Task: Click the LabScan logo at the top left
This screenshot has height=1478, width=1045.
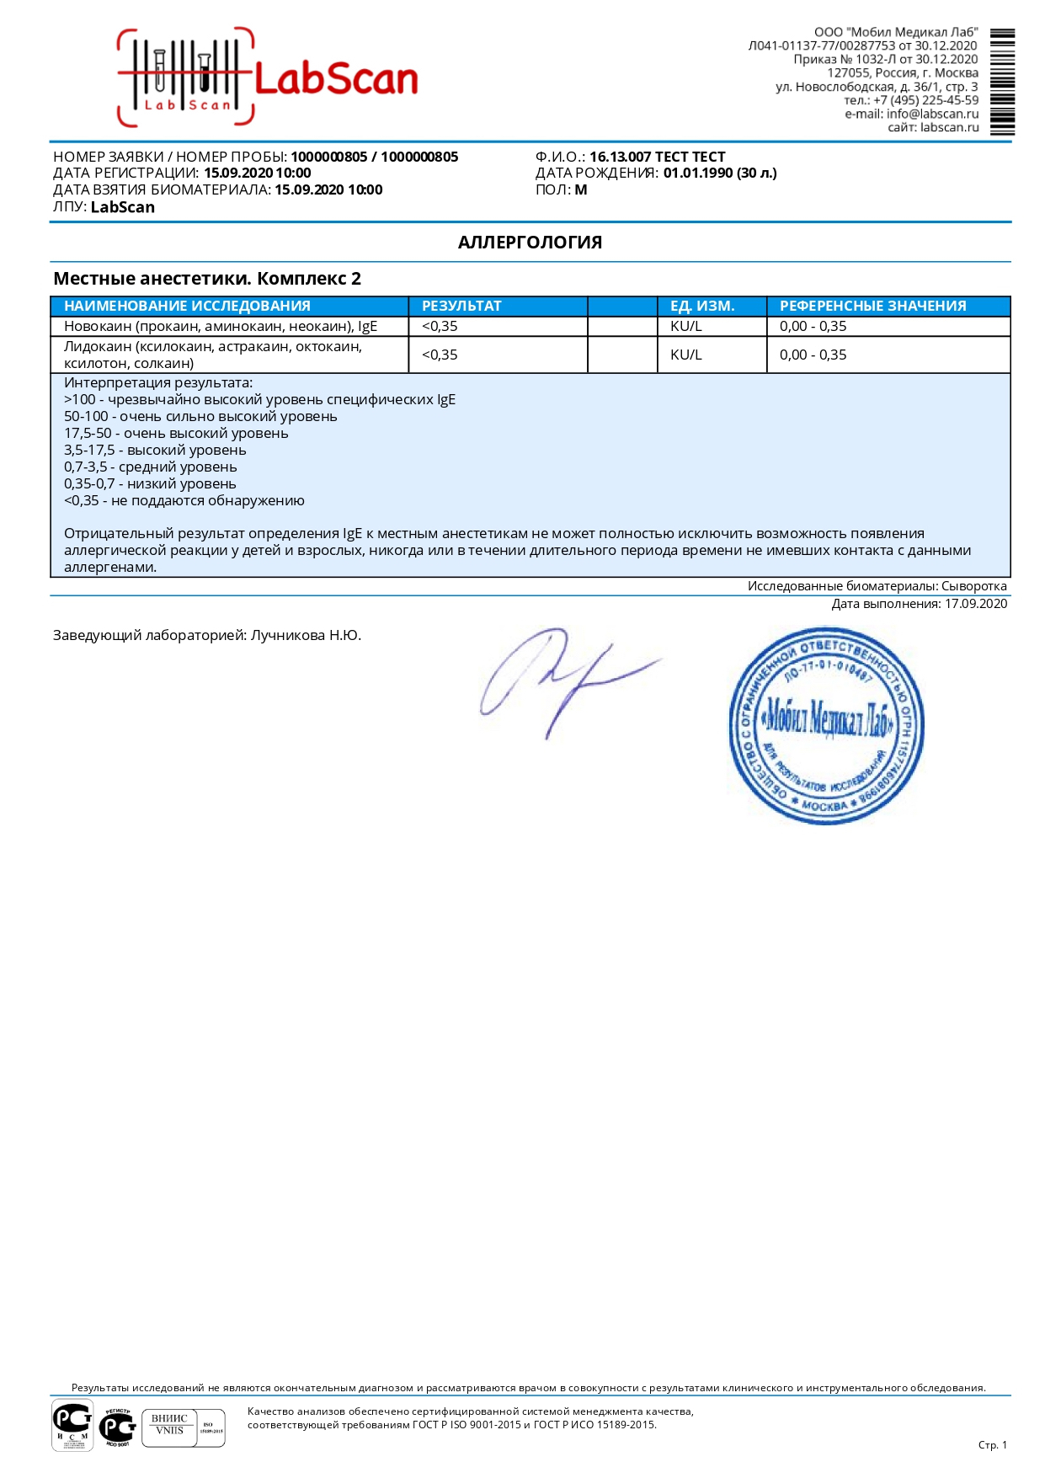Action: click(x=267, y=78)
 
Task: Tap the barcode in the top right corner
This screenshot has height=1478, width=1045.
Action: click(x=1002, y=82)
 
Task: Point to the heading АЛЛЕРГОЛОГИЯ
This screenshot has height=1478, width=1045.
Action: click(x=530, y=243)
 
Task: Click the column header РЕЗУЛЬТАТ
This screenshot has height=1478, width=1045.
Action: click(x=461, y=306)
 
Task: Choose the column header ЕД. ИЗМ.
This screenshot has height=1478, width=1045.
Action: click(x=702, y=306)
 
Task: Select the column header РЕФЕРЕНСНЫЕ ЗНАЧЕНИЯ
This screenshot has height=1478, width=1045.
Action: click(x=872, y=306)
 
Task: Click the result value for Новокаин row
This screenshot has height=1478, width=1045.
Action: click(x=440, y=327)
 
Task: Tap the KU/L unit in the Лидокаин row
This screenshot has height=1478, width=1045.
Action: click(x=685, y=355)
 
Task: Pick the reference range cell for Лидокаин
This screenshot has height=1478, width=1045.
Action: click(x=813, y=355)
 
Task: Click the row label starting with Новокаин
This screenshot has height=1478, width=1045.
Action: click(x=221, y=327)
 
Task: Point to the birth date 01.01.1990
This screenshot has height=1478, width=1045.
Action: click(x=699, y=173)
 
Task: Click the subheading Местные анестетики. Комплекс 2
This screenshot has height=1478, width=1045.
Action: click(x=207, y=279)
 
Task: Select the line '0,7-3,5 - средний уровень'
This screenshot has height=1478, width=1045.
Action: click(x=151, y=467)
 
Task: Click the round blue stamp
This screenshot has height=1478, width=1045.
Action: click(x=826, y=725)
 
